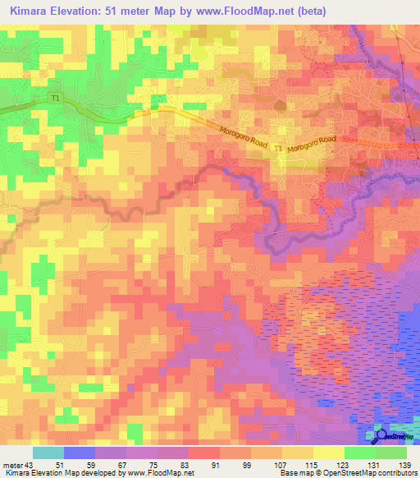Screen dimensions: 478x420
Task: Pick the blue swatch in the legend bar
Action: click(x=80, y=453)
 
